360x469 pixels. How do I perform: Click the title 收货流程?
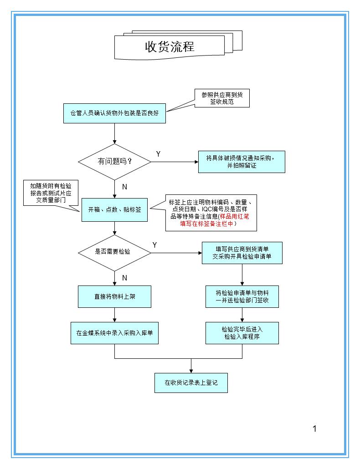(x=170, y=47)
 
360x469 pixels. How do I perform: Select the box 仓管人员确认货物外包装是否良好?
(x=114, y=112)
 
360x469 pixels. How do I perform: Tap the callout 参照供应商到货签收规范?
(x=222, y=98)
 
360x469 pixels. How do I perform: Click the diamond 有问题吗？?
(x=114, y=162)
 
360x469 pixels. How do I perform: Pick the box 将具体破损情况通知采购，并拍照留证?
(x=241, y=162)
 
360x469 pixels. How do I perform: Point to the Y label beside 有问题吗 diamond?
(x=158, y=154)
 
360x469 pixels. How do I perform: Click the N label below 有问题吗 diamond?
(x=124, y=187)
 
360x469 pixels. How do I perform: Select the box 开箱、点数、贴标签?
(x=114, y=210)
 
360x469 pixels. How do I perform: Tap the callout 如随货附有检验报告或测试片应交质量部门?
(x=51, y=193)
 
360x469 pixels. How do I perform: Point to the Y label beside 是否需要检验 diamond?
(x=155, y=245)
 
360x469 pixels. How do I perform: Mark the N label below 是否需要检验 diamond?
(x=124, y=278)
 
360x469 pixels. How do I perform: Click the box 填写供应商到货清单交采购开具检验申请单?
(x=242, y=253)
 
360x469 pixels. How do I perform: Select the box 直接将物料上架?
(x=114, y=296)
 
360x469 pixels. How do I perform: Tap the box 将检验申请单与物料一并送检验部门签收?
(x=242, y=296)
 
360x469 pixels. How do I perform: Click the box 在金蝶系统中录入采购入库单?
(x=114, y=333)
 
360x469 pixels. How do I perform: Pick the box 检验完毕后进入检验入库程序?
(x=242, y=333)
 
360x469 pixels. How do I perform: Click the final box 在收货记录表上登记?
(x=191, y=382)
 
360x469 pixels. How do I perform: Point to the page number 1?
(x=314, y=428)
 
